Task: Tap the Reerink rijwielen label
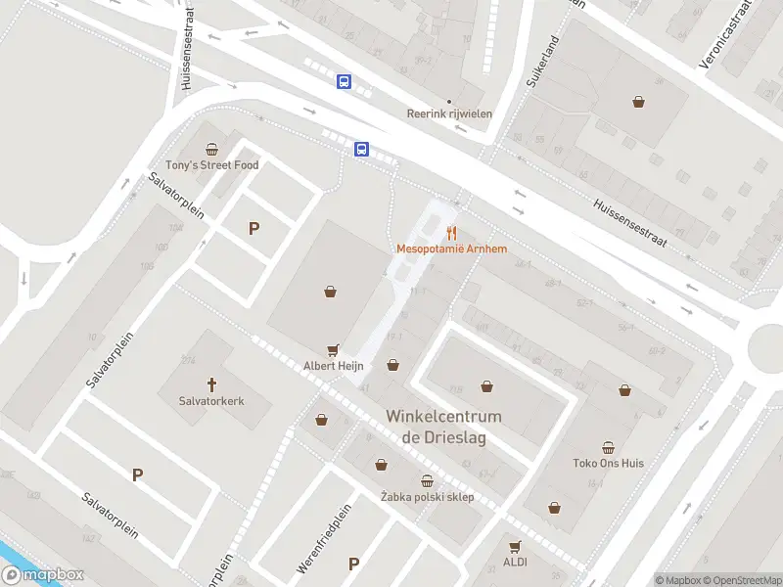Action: tap(449, 113)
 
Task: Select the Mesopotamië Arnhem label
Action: tap(451, 249)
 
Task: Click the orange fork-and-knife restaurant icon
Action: tap(451, 233)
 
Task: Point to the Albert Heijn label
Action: tap(333, 366)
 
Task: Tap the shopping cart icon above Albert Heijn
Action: tap(333, 350)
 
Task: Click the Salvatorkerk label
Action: tap(211, 400)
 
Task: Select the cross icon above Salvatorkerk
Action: tap(211, 384)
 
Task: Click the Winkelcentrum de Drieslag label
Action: tap(443, 427)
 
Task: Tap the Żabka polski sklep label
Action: tap(427, 497)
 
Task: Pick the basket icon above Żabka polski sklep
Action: tap(427, 480)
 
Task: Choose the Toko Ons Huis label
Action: tap(609, 463)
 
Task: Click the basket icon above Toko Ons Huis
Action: tap(609, 446)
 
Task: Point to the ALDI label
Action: tap(515, 563)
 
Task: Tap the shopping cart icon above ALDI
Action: tap(515, 546)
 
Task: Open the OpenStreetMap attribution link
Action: tap(742, 580)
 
